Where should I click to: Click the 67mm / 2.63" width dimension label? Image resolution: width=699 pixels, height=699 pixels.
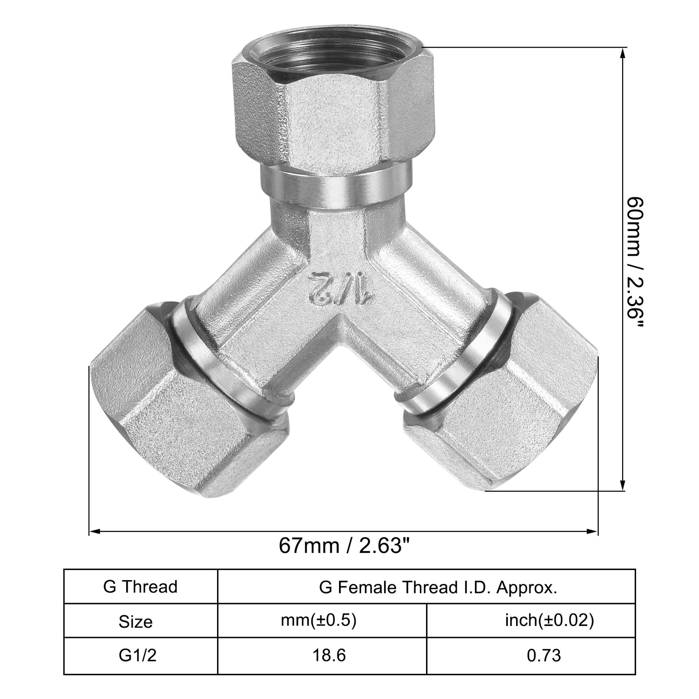[344, 547]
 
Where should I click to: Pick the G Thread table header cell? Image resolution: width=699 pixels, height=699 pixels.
[141, 586]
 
